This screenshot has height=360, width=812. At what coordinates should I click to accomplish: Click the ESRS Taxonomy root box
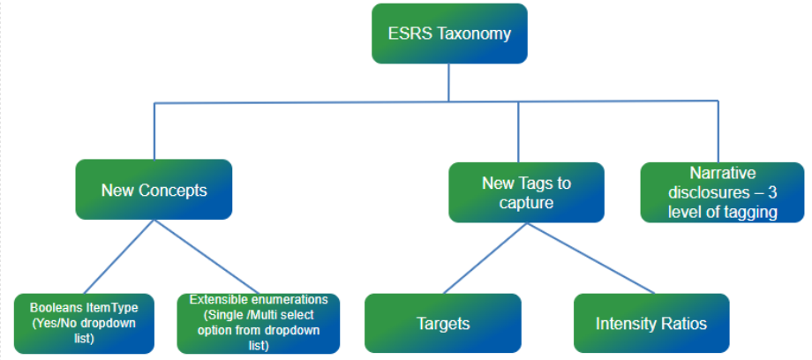[x=449, y=34]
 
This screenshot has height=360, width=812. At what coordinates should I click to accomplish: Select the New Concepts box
[x=154, y=189]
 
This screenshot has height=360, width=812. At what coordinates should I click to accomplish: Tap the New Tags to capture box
[x=526, y=192]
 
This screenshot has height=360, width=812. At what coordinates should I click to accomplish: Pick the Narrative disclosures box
[x=721, y=191]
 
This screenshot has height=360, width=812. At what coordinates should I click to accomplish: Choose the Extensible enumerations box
[x=258, y=323]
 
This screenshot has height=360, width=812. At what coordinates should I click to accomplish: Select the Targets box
[x=443, y=323]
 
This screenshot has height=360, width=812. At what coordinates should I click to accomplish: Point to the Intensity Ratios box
[x=651, y=323]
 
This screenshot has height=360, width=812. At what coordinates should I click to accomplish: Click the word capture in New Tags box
[x=526, y=202]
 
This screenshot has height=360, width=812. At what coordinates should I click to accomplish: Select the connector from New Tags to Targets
[x=486, y=258]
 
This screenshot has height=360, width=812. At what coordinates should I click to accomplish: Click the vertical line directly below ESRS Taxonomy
[x=449, y=83]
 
